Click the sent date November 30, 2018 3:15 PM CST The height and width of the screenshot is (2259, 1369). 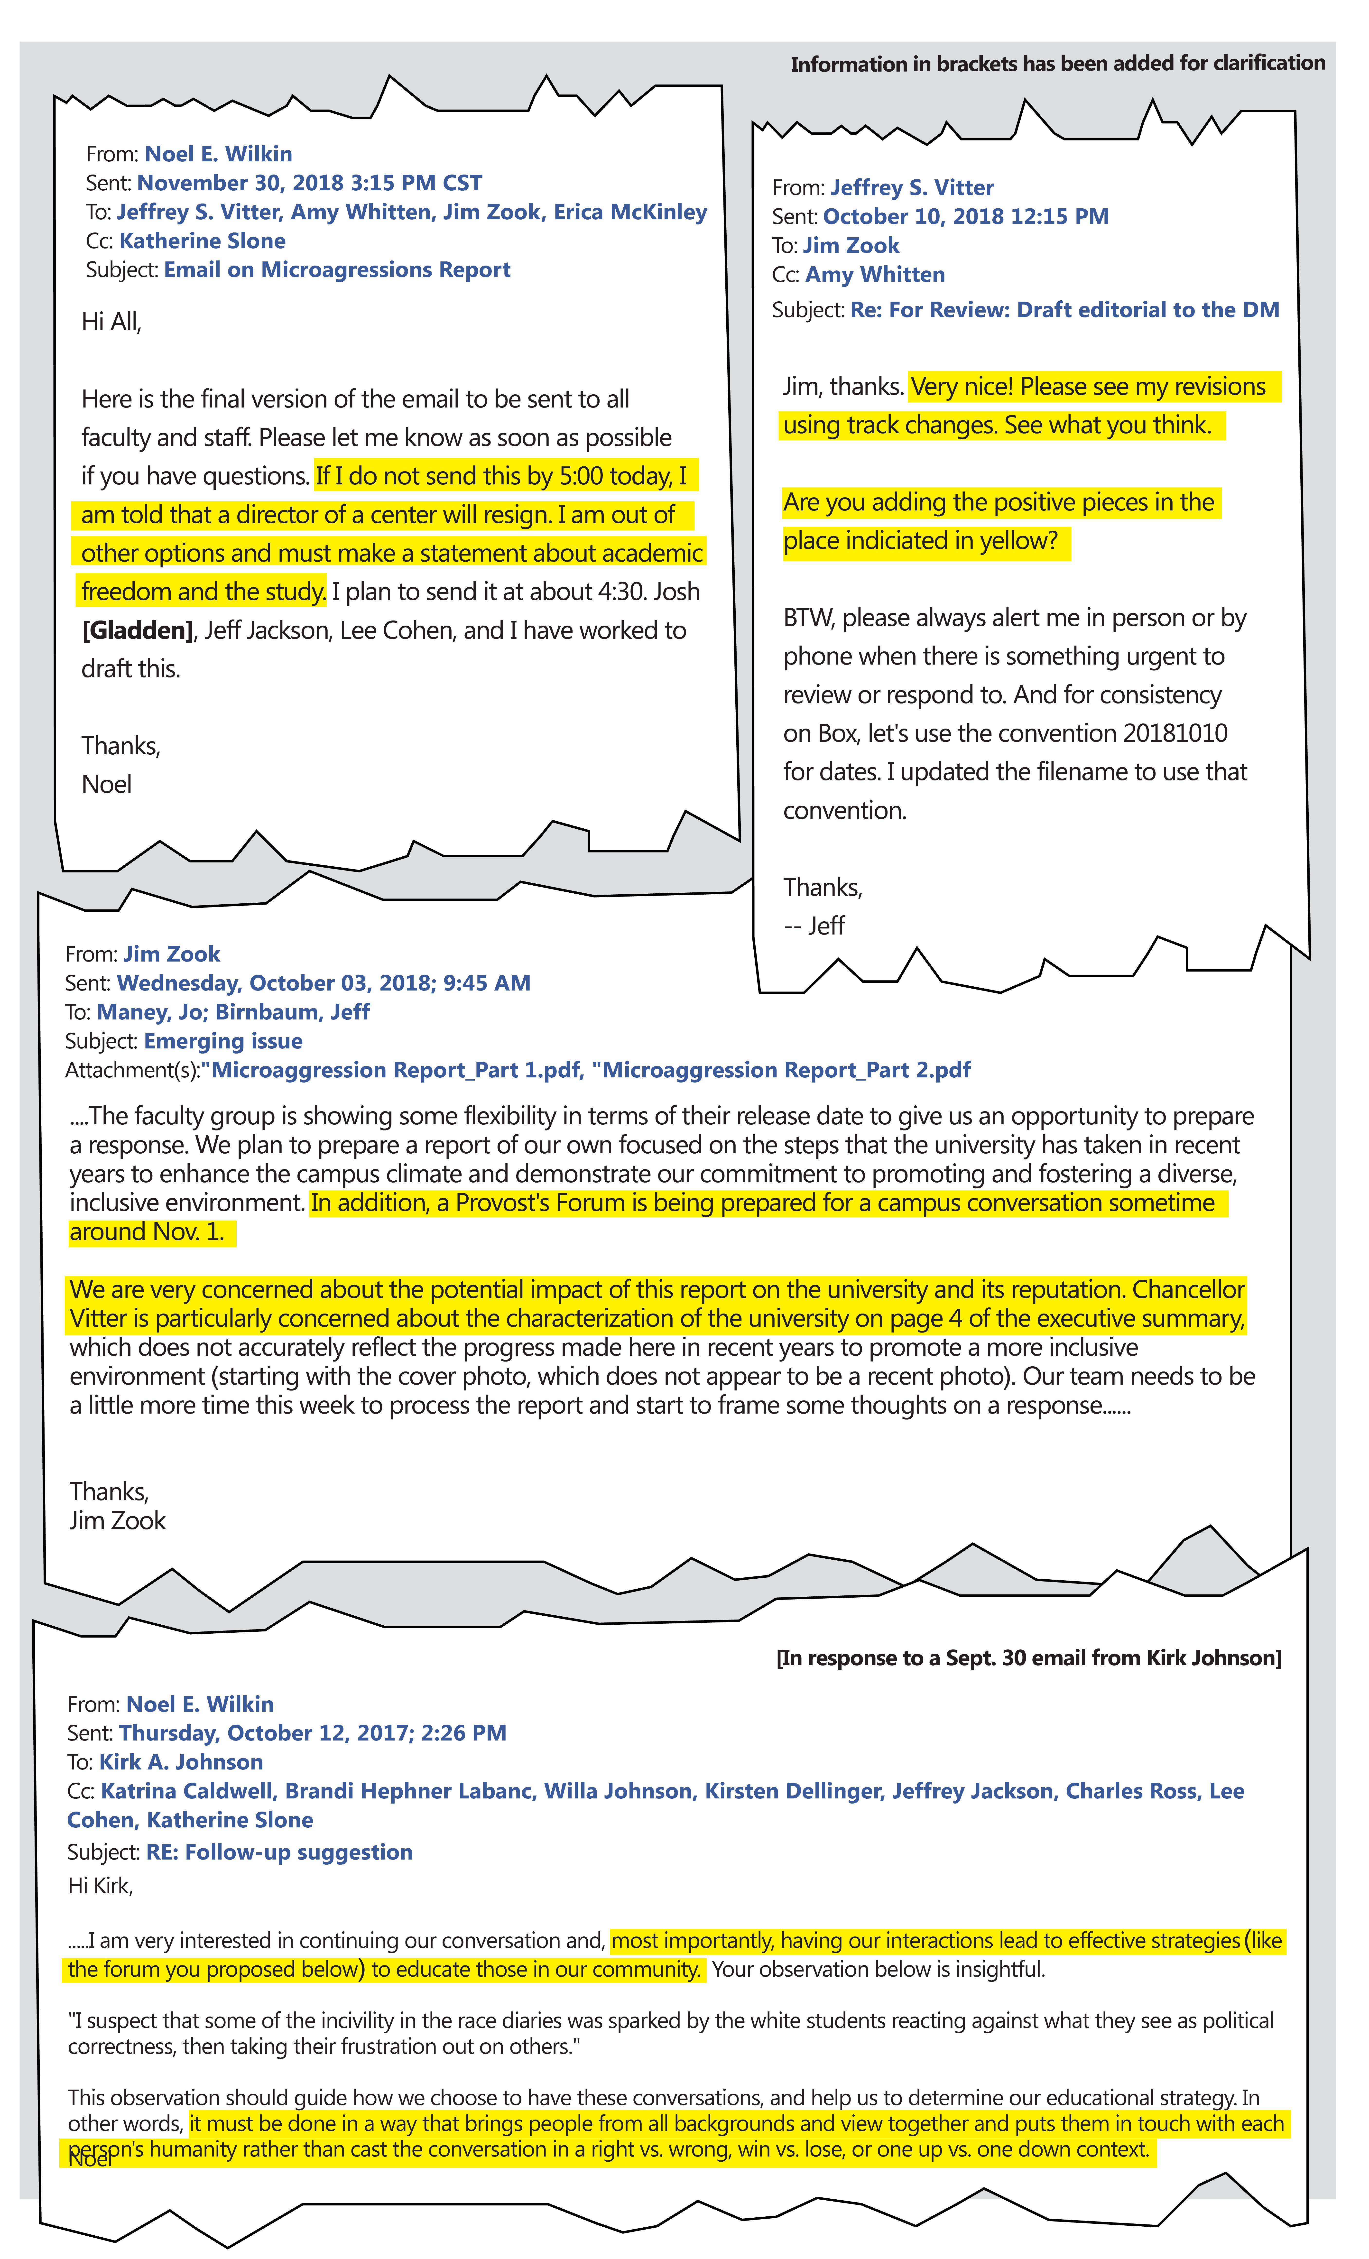tap(309, 183)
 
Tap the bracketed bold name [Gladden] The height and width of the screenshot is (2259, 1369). tap(138, 631)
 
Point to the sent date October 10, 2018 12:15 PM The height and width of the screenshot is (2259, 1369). tap(966, 217)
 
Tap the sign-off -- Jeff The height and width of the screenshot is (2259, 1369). tap(814, 926)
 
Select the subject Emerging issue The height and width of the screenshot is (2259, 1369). tap(223, 1041)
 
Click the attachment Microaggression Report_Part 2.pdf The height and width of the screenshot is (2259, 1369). tap(785, 1071)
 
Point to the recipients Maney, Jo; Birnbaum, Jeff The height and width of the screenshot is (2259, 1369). tap(233, 1012)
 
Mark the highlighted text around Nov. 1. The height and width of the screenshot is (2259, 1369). tap(147, 1232)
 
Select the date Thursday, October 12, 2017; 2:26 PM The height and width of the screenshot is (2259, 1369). tap(312, 1734)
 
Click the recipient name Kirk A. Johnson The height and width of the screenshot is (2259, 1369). tap(181, 1762)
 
